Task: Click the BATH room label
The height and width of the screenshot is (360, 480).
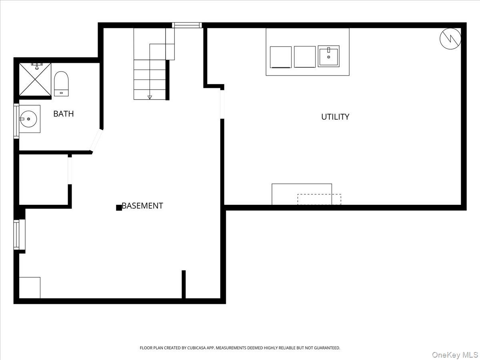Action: [64, 114]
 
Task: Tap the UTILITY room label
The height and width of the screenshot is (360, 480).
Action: [335, 117]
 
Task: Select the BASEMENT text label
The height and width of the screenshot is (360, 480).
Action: [142, 206]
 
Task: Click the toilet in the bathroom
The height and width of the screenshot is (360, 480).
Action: [61, 84]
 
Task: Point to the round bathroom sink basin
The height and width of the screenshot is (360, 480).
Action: [28, 119]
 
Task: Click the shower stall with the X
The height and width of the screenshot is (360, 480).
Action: [35, 79]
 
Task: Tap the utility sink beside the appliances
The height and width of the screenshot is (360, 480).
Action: [328, 56]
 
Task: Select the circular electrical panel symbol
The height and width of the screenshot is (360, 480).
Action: [450, 38]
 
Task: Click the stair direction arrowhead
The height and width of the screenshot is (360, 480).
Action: [150, 97]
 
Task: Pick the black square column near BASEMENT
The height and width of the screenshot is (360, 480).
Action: [119, 208]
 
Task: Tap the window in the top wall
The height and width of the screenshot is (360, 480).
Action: [187, 25]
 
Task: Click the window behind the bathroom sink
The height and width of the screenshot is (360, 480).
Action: [16, 121]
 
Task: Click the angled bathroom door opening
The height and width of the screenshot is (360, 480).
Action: [96, 140]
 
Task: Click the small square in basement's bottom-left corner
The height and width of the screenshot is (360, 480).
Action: [30, 288]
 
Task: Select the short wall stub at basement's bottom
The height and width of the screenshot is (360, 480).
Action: [184, 284]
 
